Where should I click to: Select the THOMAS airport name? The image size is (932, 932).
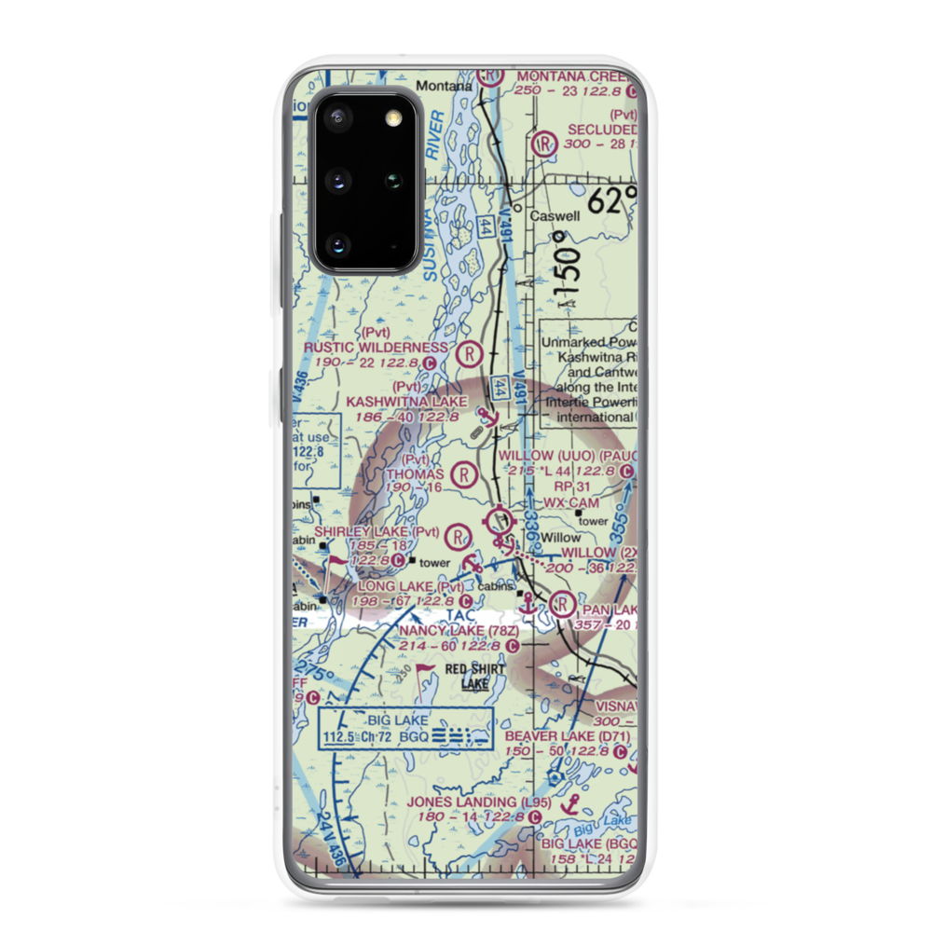tap(415, 473)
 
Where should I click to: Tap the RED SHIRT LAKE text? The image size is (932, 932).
tap(474, 677)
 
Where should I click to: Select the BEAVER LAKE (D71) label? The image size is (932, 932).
tap(568, 736)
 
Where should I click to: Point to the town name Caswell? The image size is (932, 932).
tap(555, 216)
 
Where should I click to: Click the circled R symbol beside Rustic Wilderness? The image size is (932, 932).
tap(471, 353)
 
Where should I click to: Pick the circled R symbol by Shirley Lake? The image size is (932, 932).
tap(457, 536)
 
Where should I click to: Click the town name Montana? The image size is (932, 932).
tap(444, 86)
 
